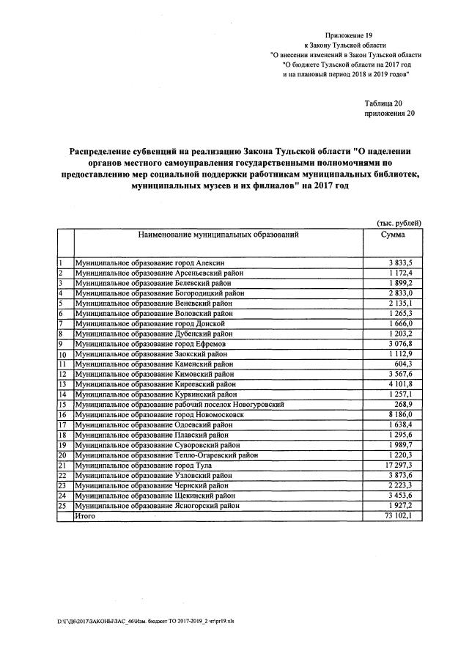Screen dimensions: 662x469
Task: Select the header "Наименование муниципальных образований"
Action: (218, 235)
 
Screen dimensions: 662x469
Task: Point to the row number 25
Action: (63, 506)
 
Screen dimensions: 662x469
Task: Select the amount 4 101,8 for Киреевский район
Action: (401, 384)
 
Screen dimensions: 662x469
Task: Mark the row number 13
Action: (63, 384)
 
